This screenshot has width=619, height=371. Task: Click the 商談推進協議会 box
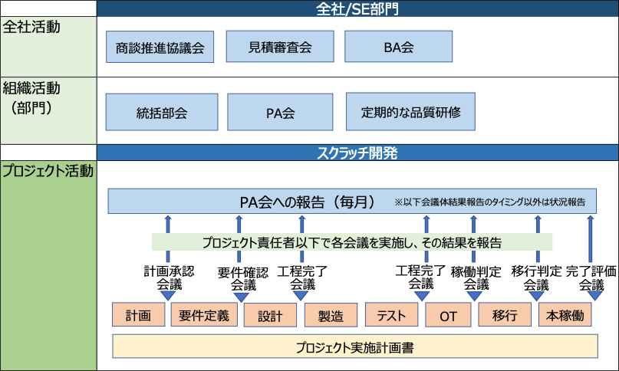pos(160,47)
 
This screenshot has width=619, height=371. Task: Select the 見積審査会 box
pos(280,47)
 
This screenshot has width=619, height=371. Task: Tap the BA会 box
pos(398,47)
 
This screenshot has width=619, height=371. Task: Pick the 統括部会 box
pos(161,113)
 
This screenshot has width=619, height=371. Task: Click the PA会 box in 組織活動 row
pos(280,113)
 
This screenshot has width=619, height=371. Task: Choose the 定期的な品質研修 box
pos(410,112)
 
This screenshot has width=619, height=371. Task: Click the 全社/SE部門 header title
pos(357,9)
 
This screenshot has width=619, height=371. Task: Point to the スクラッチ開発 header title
pos(357,153)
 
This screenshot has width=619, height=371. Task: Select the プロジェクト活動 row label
pos(48,170)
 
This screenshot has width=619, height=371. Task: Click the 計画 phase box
pos(139,315)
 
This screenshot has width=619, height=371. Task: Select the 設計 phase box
pos(270,316)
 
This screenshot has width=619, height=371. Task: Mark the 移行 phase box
pos(505,315)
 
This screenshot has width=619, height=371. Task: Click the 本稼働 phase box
pos(566,315)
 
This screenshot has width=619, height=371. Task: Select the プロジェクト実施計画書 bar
pos(355,346)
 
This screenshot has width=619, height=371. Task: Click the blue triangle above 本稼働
pos(595,295)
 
